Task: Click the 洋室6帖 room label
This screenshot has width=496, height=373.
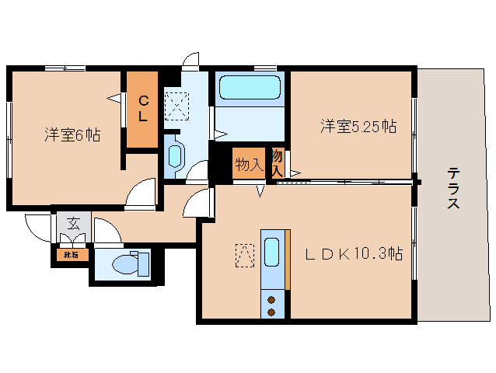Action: tap(72, 134)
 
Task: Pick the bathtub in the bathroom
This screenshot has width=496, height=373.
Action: tap(250, 88)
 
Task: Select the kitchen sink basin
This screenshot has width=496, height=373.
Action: tap(272, 252)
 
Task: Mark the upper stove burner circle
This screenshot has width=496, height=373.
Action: tap(272, 299)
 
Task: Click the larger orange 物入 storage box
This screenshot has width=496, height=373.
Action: tap(249, 165)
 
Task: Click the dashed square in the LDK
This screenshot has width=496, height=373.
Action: tap(245, 255)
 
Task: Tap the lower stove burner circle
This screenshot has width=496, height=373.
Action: tap(272, 312)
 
